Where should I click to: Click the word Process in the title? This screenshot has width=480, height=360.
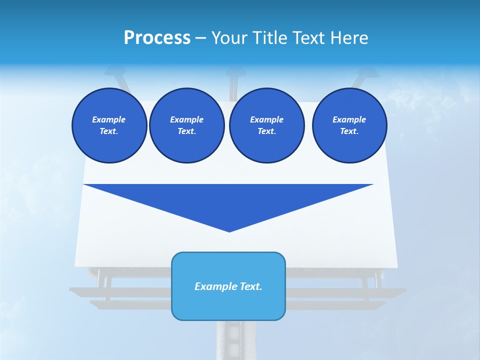[x=157, y=38]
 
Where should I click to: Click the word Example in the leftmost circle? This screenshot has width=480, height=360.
[x=109, y=119]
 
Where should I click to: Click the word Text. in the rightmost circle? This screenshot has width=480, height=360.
[x=349, y=131]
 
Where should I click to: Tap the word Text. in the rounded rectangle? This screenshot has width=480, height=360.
[x=250, y=286]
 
